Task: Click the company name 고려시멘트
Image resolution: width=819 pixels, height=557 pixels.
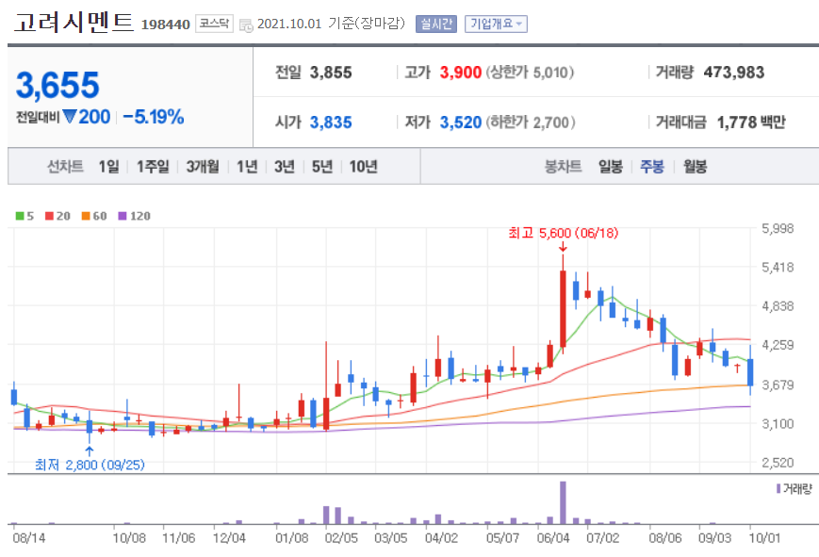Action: (x=74, y=23)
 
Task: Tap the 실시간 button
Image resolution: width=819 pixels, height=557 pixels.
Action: (x=435, y=24)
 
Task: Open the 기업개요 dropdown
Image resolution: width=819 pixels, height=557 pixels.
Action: (x=496, y=24)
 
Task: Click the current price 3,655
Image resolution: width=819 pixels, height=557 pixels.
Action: (x=57, y=86)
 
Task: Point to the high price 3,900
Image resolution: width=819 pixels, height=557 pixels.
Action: (x=461, y=72)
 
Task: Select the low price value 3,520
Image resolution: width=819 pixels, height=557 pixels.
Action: (x=461, y=122)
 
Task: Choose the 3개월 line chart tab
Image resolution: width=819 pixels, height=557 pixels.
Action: (x=203, y=167)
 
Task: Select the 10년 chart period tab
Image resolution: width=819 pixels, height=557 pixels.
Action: (x=364, y=167)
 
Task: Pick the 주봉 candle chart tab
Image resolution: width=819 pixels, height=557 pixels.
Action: (x=652, y=167)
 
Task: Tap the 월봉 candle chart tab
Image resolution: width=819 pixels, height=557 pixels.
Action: (x=696, y=167)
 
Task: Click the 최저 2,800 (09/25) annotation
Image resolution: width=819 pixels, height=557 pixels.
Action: (x=90, y=465)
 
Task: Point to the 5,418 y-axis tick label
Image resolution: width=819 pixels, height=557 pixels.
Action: (x=778, y=267)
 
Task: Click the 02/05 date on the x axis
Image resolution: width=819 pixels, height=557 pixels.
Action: (x=341, y=538)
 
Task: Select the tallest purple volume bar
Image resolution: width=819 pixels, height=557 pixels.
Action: (x=563, y=502)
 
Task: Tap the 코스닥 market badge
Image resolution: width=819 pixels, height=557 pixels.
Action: (x=215, y=24)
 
